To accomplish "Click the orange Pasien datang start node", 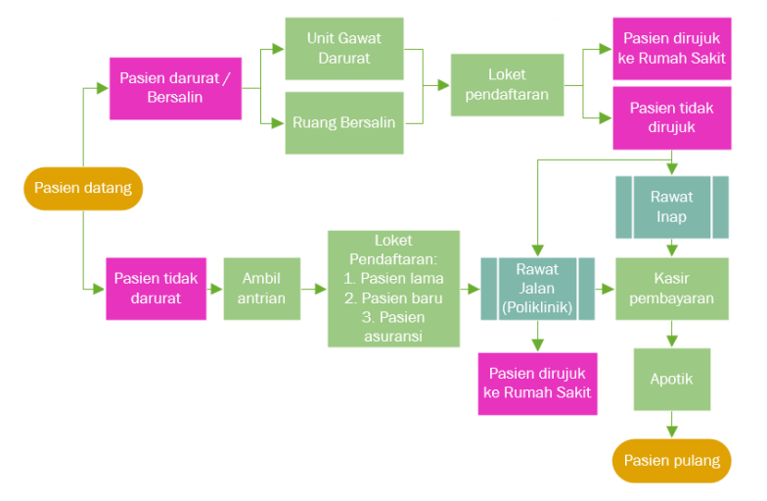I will pyautogui.click(x=83, y=188).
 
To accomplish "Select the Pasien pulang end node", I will pyautogui.click(x=671, y=460).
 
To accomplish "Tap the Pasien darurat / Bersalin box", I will pyautogui.click(x=175, y=88).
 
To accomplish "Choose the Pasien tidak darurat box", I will pyautogui.click(x=156, y=289).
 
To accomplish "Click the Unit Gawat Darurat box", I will pyautogui.click(x=343, y=48).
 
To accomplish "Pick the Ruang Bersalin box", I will pyautogui.click(x=343, y=122).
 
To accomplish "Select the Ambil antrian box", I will pyautogui.click(x=261, y=289).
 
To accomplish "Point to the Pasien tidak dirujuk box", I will pyautogui.click(x=671, y=117).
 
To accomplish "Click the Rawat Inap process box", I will pyautogui.click(x=671, y=206).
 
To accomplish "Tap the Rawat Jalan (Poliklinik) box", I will pyautogui.click(x=537, y=289).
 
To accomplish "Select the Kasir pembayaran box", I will pyautogui.click(x=671, y=289).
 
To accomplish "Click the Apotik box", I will pyautogui.click(x=671, y=378).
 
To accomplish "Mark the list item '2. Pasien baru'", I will pyautogui.click(x=393, y=297).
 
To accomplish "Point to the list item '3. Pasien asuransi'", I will pyautogui.click(x=393, y=326).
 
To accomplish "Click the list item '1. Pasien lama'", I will pyautogui.click(x=393, y=278).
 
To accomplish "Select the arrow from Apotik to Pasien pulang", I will pyautogui.click(x=671, y=424).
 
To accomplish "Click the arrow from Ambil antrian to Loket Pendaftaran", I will pyautogui.click(x=313, y=290).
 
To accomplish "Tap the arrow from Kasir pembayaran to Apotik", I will pyautogui.click(x=671, y=334).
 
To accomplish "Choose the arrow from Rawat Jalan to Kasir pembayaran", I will pyautogui.click(x=605, y=290).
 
